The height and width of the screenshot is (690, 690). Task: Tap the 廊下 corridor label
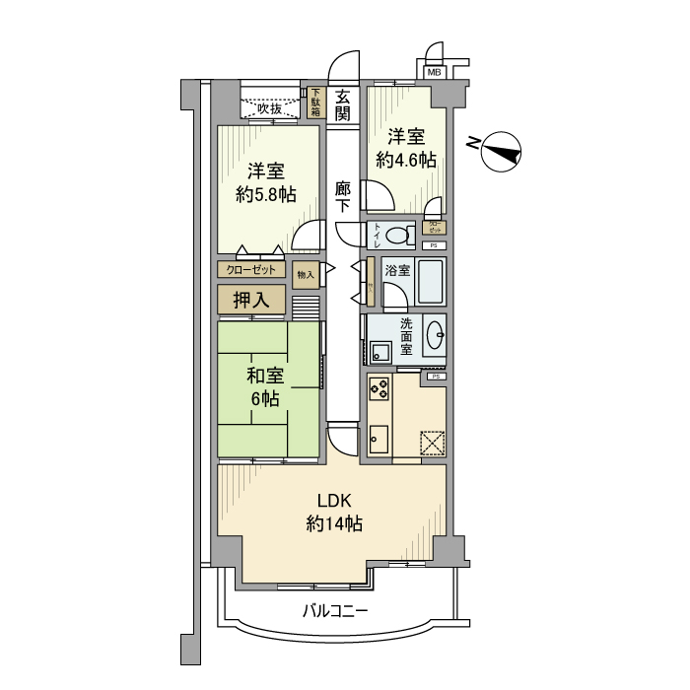[x=342, y=197]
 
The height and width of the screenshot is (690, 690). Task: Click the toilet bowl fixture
[x=399, y=237]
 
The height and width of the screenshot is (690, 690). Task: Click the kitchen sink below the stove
[x=379, y=436]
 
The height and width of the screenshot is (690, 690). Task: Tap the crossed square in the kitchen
[x=432, y=445]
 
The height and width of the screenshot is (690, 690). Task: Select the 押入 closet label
[x=251, y=300]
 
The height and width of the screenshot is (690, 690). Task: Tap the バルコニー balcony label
[x=334, y=611]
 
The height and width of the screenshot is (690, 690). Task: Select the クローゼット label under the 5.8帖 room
[x=251, y=268]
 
